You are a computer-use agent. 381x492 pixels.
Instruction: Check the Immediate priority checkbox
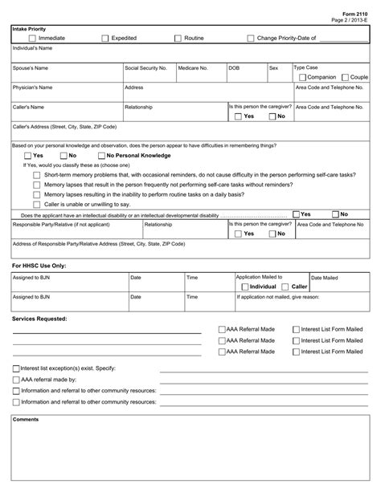coord(32,38)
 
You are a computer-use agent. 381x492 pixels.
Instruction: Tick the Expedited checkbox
coord(105,38)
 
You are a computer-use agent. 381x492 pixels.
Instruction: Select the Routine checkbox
coord(178,38)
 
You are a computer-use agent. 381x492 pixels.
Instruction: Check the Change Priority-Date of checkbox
coord(250,38)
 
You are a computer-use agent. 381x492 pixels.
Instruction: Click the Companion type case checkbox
coord(301,77)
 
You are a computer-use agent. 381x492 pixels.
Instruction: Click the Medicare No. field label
coord(193,68)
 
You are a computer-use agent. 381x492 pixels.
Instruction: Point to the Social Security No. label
coord(145,68)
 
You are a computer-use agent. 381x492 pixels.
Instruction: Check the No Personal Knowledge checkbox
coord(100,155)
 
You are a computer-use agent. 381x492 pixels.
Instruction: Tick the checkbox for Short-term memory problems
coord(36,174)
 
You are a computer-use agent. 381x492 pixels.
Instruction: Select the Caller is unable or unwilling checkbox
coord(36,205)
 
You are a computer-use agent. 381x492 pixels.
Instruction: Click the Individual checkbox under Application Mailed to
coord(244,287)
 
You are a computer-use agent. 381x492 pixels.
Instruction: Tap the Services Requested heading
coord(40,319)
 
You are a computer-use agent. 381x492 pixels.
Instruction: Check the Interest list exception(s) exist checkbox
coord(16,368)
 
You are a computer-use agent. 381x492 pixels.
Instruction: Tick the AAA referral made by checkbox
coord(16,380)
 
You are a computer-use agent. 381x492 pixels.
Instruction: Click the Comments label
coord(26,419)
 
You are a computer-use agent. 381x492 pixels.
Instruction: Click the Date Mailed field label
coord(325,278)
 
